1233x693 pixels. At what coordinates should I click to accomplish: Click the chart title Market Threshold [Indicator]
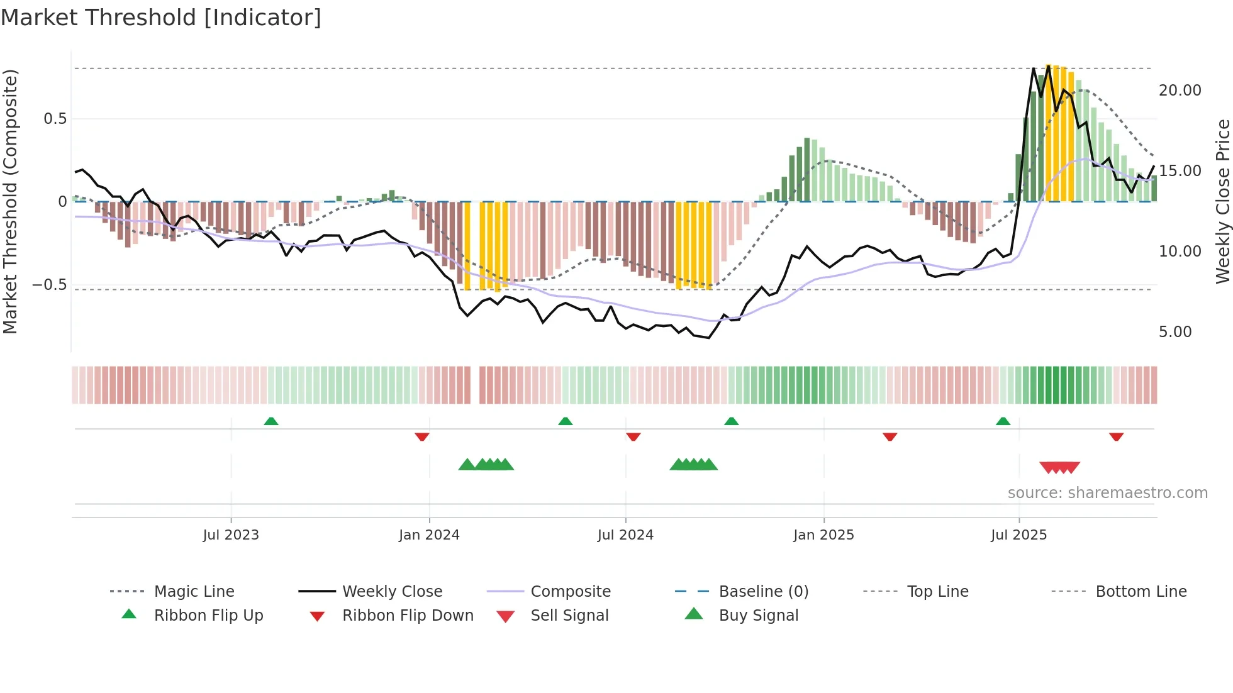click(161, 18)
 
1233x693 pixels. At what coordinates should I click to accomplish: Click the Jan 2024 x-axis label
click(429, 535)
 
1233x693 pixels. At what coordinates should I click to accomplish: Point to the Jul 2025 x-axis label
click(1018, 535)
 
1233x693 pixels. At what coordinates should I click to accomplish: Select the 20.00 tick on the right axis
click(1180, 91)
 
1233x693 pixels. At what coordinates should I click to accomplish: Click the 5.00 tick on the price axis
click(1174, 332)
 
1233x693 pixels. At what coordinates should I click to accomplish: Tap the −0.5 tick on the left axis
click(49, 285)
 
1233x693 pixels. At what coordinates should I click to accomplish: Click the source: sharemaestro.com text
click(1107, 493)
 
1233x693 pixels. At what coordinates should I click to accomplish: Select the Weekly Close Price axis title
click(1222, 201)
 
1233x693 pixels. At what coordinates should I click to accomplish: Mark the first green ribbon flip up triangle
click(271, 421)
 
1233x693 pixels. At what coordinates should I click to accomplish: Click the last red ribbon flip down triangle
click(1116, 436)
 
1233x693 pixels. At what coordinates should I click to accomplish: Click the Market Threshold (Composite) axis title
click(10, 201)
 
